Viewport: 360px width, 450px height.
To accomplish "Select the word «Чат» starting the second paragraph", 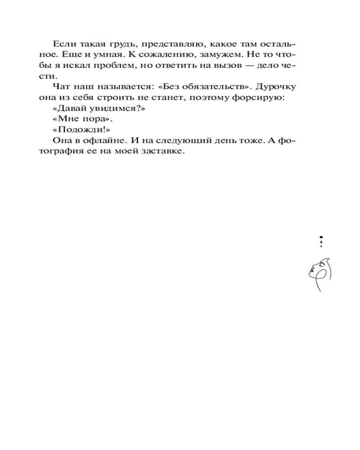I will coord(61,87).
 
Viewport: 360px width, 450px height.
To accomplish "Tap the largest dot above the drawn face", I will coord(321,237).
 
